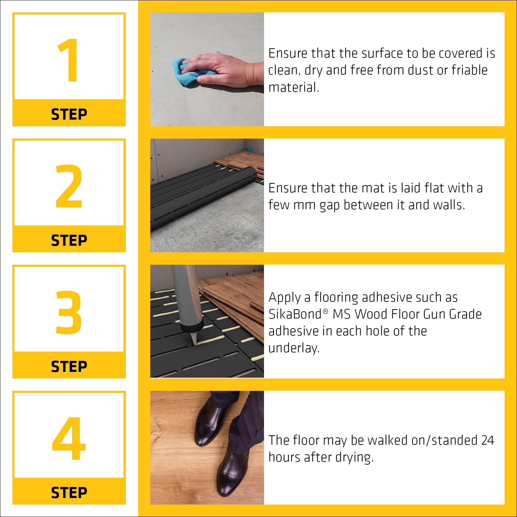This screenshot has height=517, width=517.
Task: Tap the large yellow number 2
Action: [69, 186]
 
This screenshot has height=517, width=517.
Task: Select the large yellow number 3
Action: [69, 312]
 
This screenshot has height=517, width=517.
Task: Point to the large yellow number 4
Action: [69, 438]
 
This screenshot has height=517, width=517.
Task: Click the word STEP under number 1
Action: [69, 114]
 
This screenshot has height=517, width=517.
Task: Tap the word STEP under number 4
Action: [69, 493]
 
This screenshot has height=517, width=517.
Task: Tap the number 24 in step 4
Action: [487, 440]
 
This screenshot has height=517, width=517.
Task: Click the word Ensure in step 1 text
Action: [288, 53]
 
